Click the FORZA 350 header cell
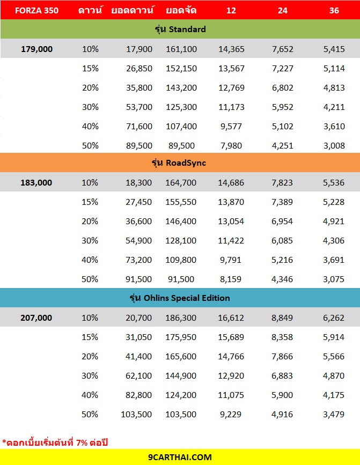pos(36,10)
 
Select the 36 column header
pos(334,10)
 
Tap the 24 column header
pos(282,10)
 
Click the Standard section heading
pos(180,29)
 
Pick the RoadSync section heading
pos(180,163)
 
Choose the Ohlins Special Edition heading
pos(180,298)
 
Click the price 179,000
pos(36,49)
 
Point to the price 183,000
pos(36,182)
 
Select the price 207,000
pos(36,318)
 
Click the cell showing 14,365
pos(231,49)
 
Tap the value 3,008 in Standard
pos(334,145)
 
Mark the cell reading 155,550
pos(181,202)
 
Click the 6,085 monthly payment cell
pos(282,240)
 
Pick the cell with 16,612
pos(231,318)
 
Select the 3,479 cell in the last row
pos(334,414)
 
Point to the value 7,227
pos(282,68)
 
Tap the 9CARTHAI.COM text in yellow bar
pos(180,457)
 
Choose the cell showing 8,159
pos(231,279)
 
